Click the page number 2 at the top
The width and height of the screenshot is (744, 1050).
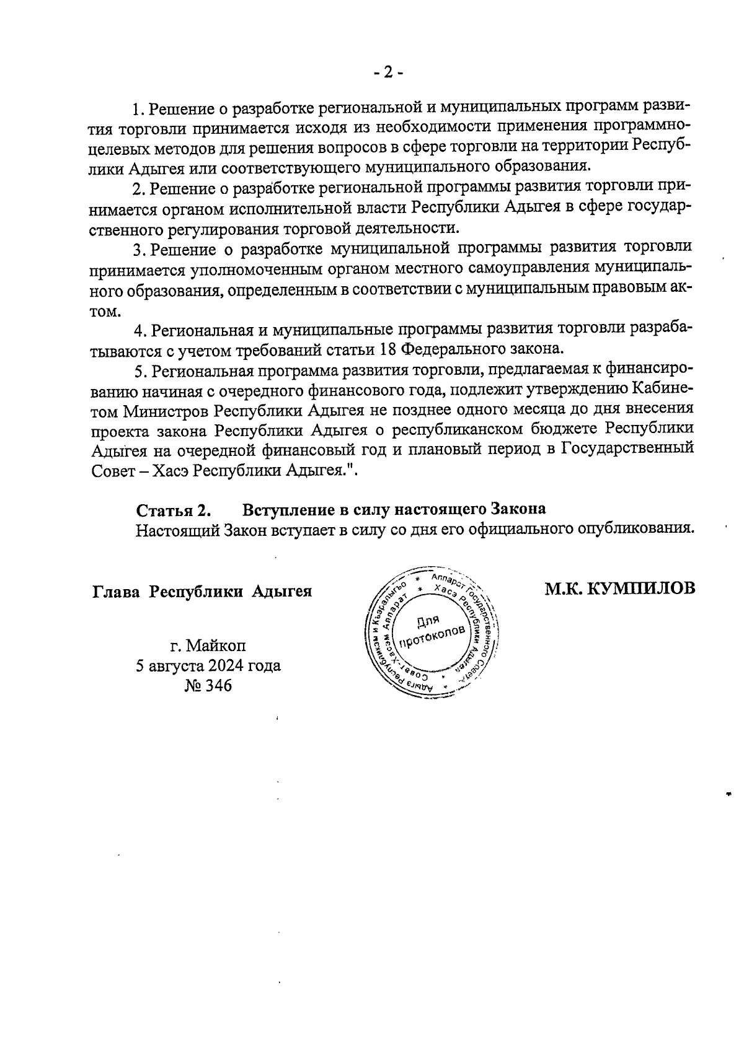[388, 72]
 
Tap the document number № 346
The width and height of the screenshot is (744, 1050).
[208, 686]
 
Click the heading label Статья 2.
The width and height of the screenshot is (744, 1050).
[174, 510]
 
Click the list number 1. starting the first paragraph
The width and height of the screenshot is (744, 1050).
[139, 109]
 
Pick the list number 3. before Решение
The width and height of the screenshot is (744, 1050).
[139, 249]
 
